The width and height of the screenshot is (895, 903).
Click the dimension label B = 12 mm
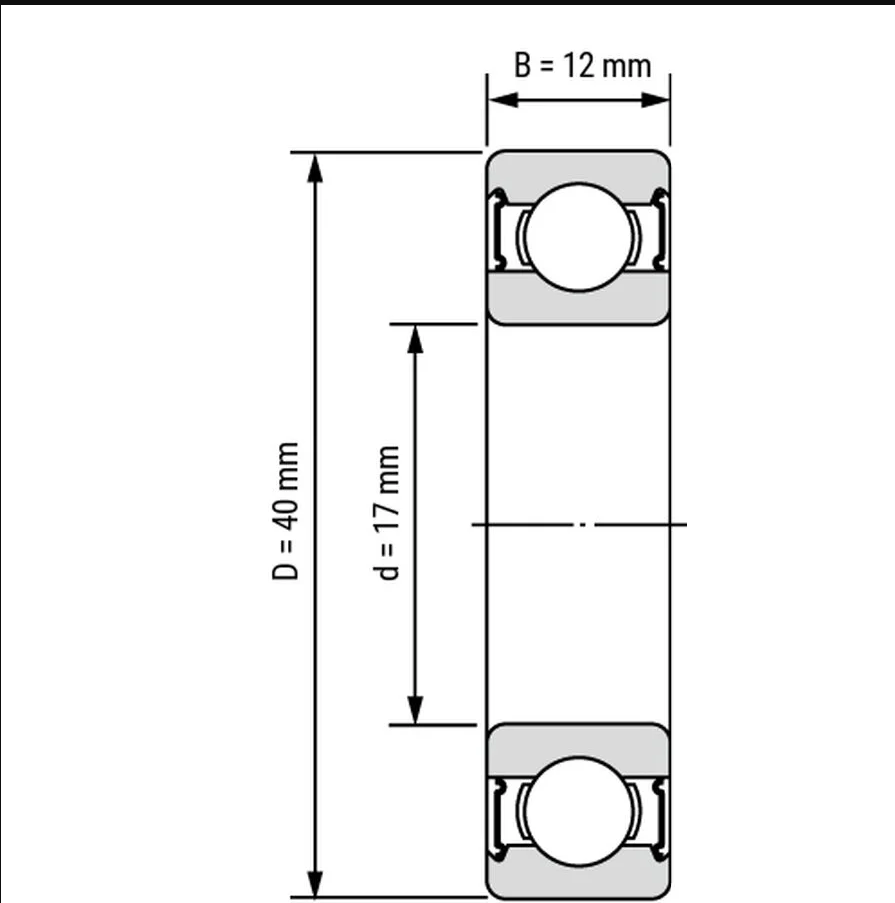(x=583, y=65)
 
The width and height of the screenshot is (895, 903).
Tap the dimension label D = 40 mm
(x=285, y=511)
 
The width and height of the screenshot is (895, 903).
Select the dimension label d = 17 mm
(x=386, y=513)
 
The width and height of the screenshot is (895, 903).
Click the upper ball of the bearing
(x=579, y=237)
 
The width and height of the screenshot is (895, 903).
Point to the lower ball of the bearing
(x=579, y=811)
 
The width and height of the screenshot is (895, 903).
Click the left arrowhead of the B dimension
(x=503, y=100)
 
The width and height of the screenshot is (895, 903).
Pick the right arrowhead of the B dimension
(x=655, y=100)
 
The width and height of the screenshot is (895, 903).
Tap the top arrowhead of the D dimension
(x=315, y=168)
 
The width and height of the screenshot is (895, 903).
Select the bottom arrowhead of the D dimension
(x=315, y=882)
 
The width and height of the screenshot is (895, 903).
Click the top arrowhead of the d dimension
(x=415, y=339)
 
